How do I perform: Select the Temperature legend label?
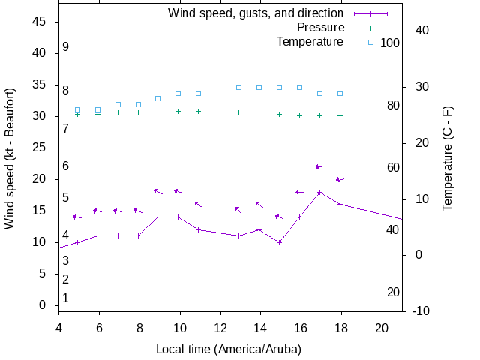310,41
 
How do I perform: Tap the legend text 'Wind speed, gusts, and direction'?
255,13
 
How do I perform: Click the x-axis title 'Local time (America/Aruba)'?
229,349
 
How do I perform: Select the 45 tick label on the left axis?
40,22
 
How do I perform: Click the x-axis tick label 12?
220,327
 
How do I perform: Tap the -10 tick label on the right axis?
421,310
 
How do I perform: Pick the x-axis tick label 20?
382,327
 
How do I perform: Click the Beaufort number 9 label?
66,46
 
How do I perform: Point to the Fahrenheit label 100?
390,43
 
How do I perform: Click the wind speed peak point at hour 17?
320,192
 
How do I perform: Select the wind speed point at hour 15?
279,242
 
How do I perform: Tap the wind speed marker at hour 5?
77,242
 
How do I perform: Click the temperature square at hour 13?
238,87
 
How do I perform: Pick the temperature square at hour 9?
157,98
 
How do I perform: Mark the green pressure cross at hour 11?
198,111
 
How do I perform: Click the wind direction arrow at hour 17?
319,166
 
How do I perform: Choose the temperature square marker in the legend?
370,41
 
